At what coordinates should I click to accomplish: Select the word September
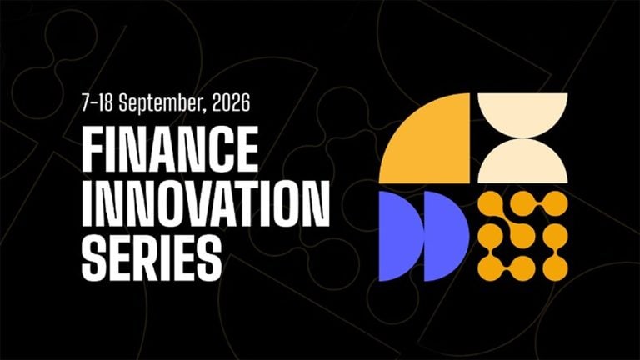tap(161, 103)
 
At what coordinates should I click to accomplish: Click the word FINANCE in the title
tap(170, 149)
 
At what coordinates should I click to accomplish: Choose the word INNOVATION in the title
tap(205, 203)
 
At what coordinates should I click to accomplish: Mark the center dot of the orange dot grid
tap(522, 236)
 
